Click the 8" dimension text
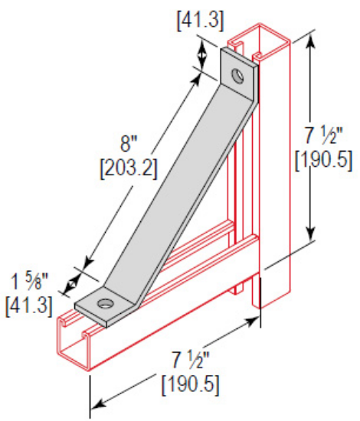[130, 144]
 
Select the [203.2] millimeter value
[129, 167]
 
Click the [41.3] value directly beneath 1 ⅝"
[29, 305]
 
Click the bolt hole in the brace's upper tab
[241, 77]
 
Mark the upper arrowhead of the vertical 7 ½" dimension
[311, 41]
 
